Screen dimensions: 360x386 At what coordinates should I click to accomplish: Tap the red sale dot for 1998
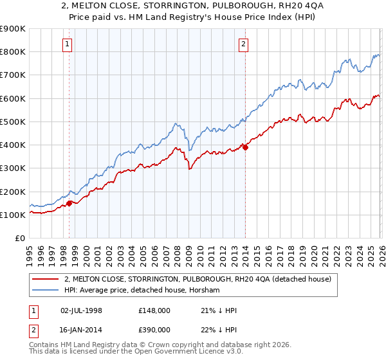coord(69,204)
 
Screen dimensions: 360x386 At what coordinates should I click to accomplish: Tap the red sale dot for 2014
coord(245,147)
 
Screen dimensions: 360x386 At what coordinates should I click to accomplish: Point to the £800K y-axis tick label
coord(13,52)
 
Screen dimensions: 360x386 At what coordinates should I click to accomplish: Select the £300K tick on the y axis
coord(13,168)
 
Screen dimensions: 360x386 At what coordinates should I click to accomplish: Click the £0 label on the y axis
coord(19,239)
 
